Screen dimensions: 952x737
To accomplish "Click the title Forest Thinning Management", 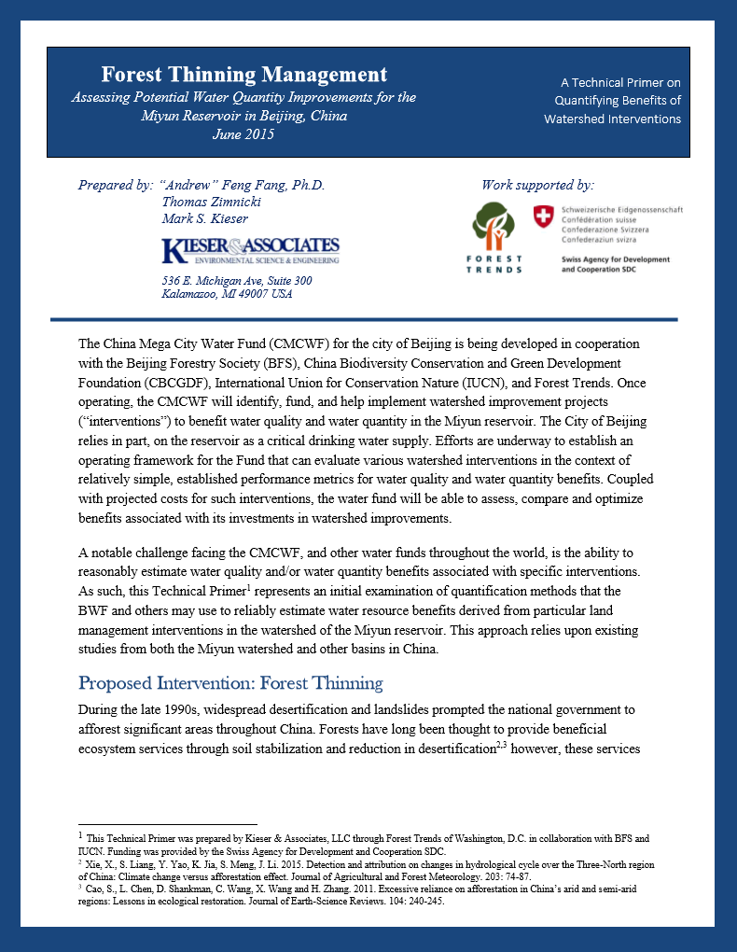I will [243, 75].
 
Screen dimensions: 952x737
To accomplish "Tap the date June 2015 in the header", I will [243, 133].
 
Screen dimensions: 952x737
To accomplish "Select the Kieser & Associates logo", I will [250, 250].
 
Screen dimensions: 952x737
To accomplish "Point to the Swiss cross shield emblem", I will [542, 217].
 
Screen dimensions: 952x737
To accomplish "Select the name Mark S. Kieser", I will [205, 218].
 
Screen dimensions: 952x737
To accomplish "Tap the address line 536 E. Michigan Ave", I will [236, 281].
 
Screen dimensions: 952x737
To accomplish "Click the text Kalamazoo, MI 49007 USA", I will [227, 295].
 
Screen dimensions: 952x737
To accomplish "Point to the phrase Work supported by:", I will [537, 185].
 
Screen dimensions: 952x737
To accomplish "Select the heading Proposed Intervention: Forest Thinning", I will [230, 682].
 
